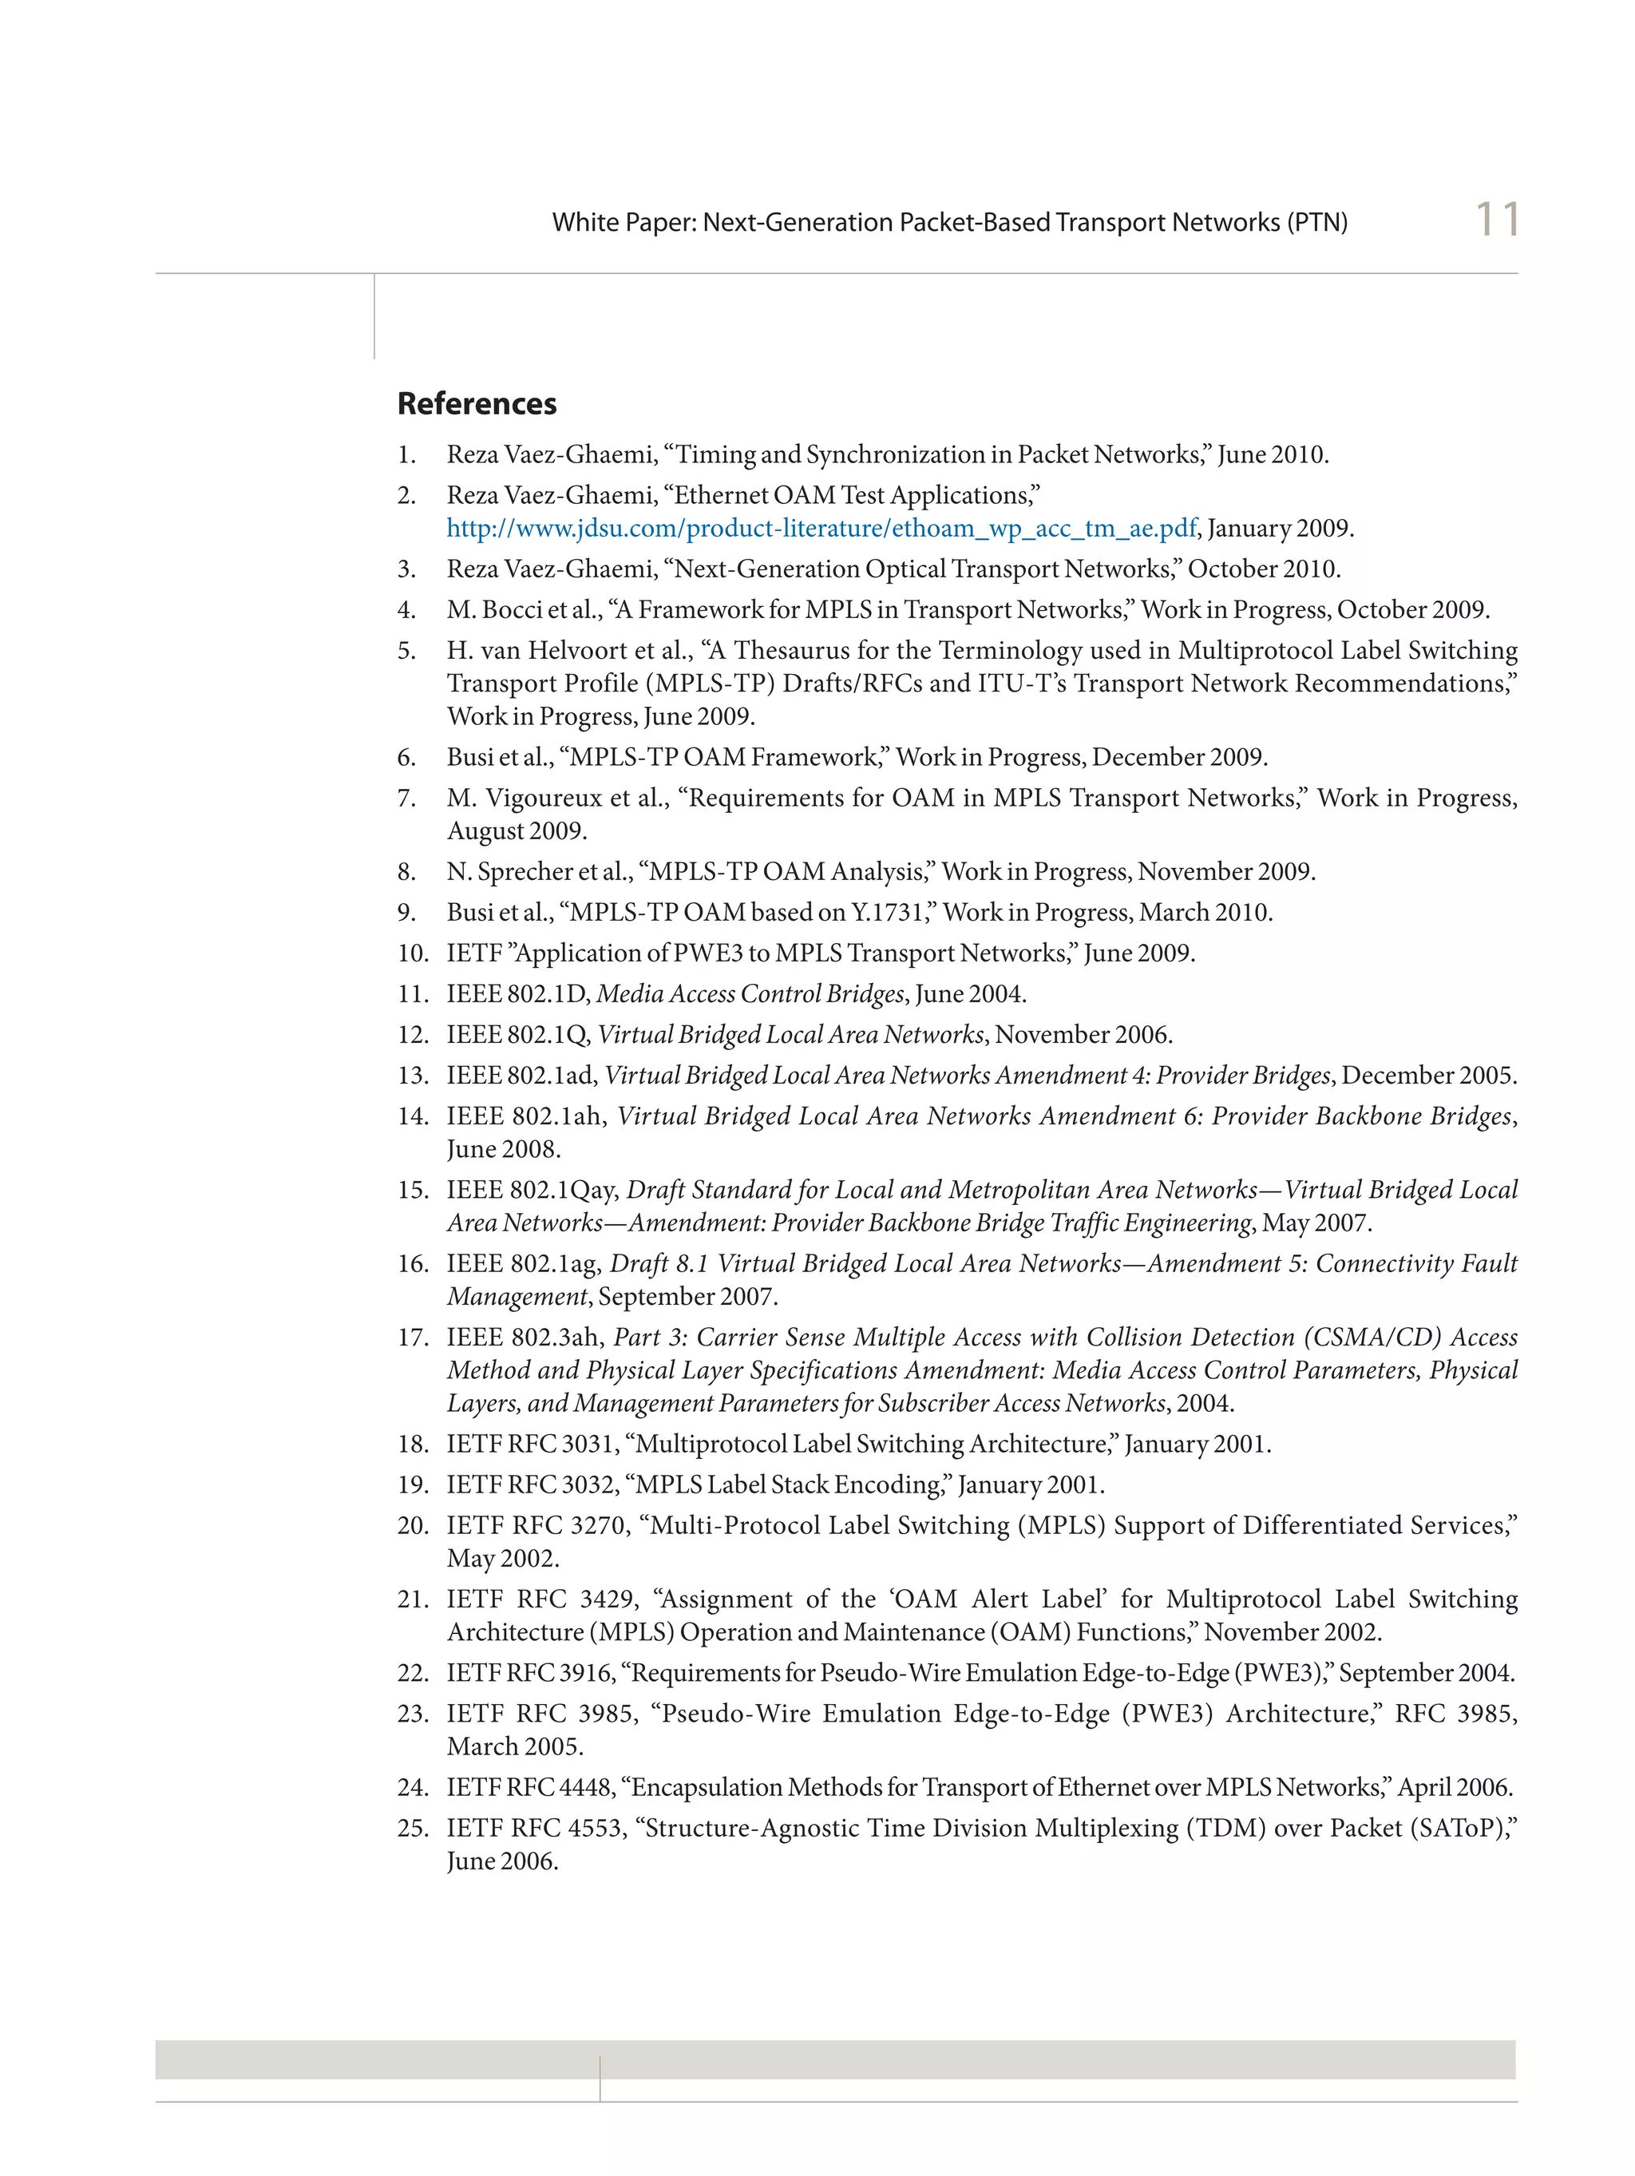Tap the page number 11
point(1496,220)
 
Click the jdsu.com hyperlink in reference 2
point(821,529)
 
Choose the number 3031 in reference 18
point(586,1443)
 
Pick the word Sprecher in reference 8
point(525,871)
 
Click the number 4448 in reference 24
point(585,1786)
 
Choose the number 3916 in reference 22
point(586,1672)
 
